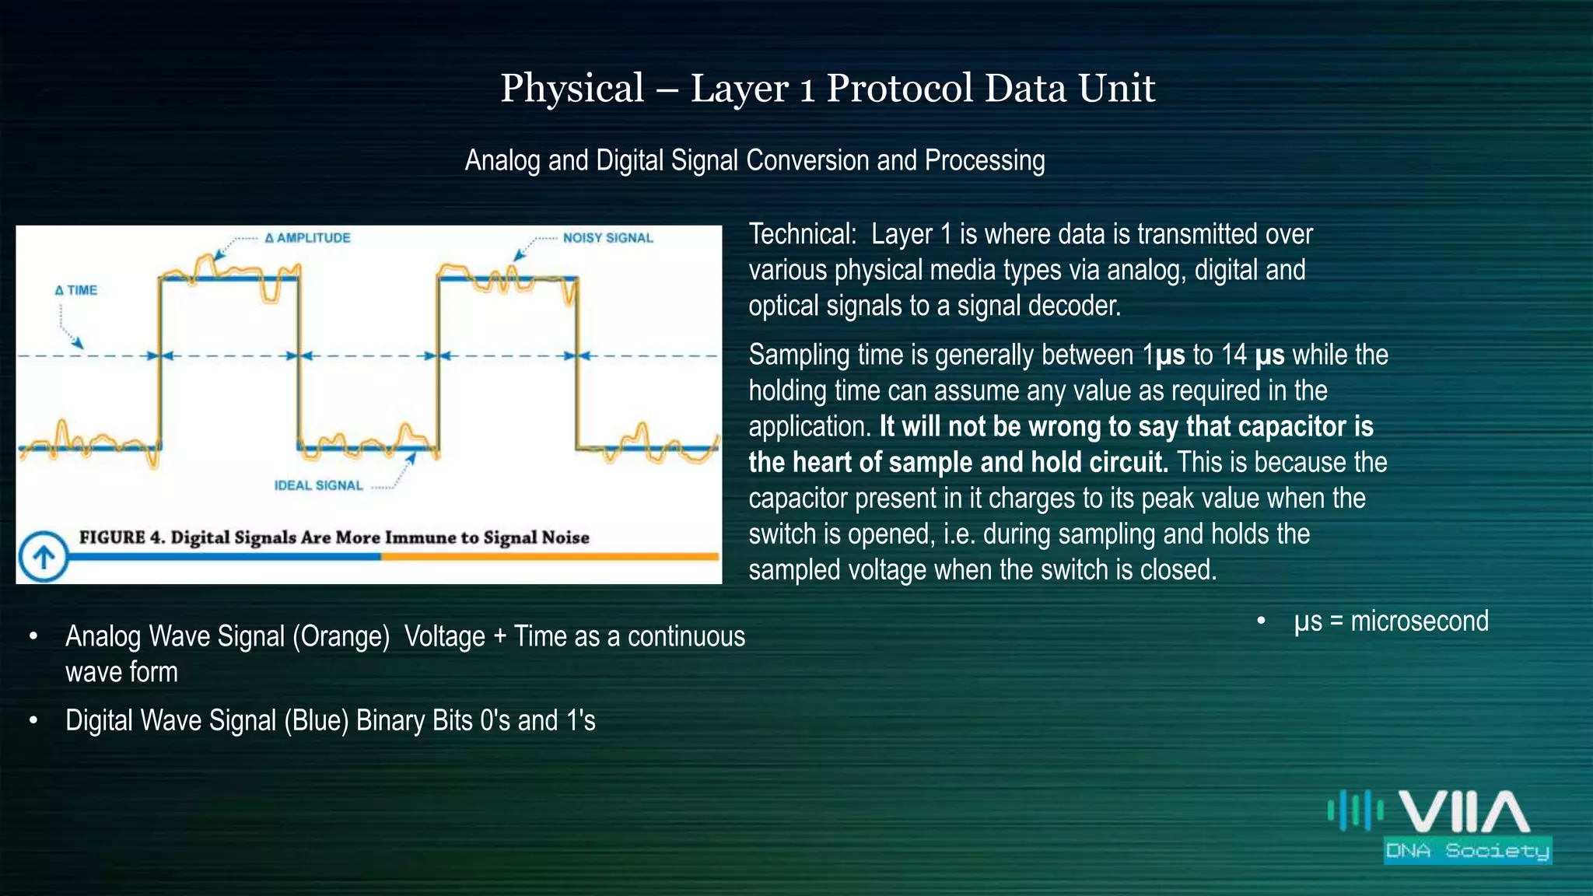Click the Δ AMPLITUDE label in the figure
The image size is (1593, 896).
click(x=308, y=238)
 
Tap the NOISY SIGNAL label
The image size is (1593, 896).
click(x=607, y=238)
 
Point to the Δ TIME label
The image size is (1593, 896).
click(x=76, y=290)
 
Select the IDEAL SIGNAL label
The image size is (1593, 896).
click(x=318, y=485)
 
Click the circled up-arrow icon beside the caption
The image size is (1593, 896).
click(x=44, y=556)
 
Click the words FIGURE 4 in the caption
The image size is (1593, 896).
click(x=121, y=537)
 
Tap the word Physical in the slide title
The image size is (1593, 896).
click(x=572, y=88)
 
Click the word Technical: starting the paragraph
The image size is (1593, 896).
click(x=802, y=234)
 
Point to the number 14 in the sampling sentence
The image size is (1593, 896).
click(x=1234, y=355)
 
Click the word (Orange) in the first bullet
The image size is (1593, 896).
click(x=341, y=636)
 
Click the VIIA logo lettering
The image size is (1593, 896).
click(x=1464, y=812)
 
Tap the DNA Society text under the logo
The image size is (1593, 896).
click(x=1467, y=850)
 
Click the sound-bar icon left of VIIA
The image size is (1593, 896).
click(x=1355, y=810)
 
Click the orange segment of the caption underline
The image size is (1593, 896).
click(x=548, y=556)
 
